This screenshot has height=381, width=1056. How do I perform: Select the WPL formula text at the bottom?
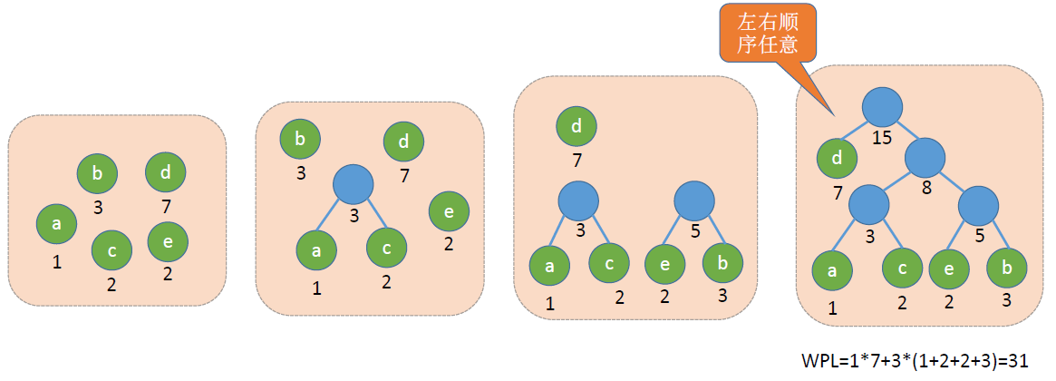pos(915,360)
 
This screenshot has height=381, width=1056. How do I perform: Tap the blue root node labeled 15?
pos(882,108)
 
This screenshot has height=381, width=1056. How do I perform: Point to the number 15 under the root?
pos(881,139)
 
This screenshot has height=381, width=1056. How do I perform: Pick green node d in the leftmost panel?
pos(166,172)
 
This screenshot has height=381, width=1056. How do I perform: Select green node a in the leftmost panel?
pos(56,225)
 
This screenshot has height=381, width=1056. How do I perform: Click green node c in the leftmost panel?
pos(111,250)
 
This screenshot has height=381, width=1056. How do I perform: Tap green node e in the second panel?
pos(449,211)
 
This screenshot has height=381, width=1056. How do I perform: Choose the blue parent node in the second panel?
pos(354,184)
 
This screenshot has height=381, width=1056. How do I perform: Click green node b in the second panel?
pos(300,140)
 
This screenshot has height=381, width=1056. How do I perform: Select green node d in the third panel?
pos(576,127)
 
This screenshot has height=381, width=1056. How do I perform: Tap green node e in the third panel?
pos(664,265)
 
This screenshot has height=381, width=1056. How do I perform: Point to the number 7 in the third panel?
pos(576,161)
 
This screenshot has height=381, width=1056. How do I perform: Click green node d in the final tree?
pos(837,160)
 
